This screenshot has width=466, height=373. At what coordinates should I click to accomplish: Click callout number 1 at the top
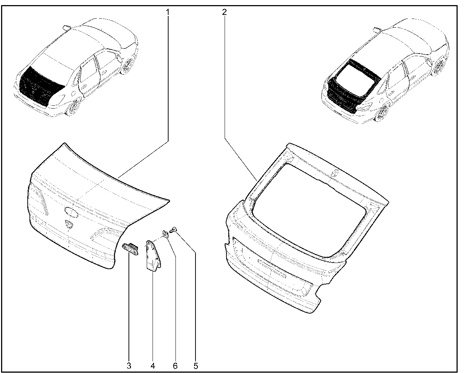[x=167, y=12]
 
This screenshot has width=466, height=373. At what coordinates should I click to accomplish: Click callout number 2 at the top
[x=224, y=12]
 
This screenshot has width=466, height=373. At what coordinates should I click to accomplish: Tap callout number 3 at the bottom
[x=129, y=366]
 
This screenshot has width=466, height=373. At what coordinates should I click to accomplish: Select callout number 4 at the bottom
[x=153, y=366]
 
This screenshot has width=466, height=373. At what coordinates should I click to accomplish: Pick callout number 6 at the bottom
[x=175, y=366]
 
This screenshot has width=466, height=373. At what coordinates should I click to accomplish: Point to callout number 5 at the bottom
[x=196, y=366]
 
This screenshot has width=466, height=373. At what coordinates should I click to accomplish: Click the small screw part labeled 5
[x=173, y=230]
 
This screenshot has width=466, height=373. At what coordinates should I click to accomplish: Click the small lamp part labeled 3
[x=130, y=249]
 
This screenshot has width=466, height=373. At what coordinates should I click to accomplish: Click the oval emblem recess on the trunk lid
[x=71, y=212]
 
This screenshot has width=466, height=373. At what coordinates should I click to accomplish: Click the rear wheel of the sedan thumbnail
[x=73, y=107]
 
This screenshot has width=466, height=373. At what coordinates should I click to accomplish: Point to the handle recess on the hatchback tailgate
[x=272, y=268]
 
